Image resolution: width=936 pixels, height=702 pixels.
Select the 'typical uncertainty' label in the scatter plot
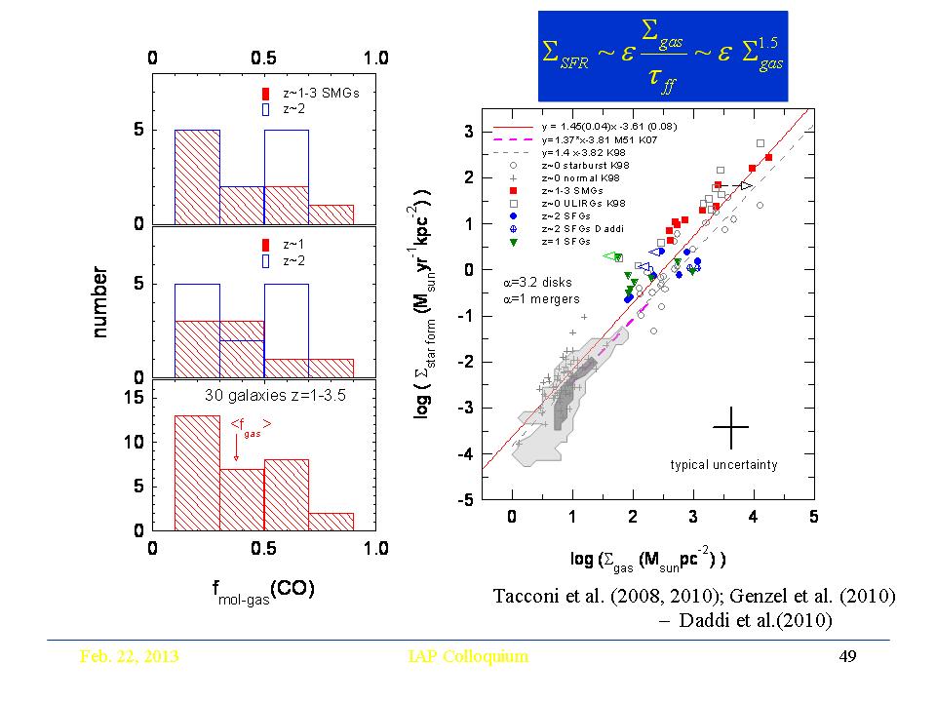click(x=723, y=465)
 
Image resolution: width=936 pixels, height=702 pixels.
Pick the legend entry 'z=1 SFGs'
click(x=585, y=240)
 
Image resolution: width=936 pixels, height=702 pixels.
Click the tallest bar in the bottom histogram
click(x=197, y=473)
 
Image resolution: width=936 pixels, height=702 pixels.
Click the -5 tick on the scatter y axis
click(x=469, y=500)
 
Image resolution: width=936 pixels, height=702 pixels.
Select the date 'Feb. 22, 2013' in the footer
click(x=129, y=656)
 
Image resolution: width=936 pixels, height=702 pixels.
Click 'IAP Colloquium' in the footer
click(x=467, y=656)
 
